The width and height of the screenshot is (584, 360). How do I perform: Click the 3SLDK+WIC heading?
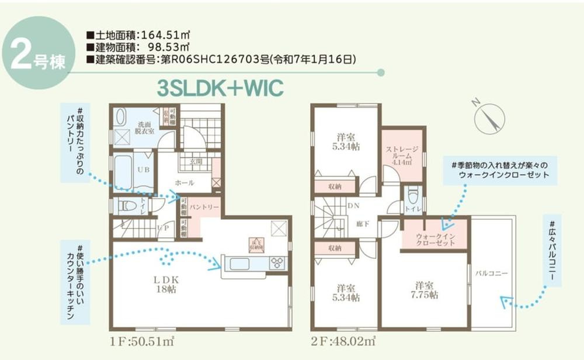[x=220, y=87]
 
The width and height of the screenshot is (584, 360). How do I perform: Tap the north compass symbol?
[x=489, y=117]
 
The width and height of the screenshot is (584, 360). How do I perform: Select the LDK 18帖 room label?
[x=165, y=285]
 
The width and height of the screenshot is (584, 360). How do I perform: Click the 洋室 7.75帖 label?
[x=425, y=290]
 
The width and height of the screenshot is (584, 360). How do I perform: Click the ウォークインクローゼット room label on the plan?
[x=435, y=240]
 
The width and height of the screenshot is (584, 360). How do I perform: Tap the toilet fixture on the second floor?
[x=413, y=195]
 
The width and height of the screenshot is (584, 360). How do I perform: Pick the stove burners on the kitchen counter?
[x=276, y=263]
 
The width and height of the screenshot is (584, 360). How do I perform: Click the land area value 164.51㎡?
[x=164, y=34]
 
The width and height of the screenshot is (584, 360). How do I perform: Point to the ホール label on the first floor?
[x=185, y=183]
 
